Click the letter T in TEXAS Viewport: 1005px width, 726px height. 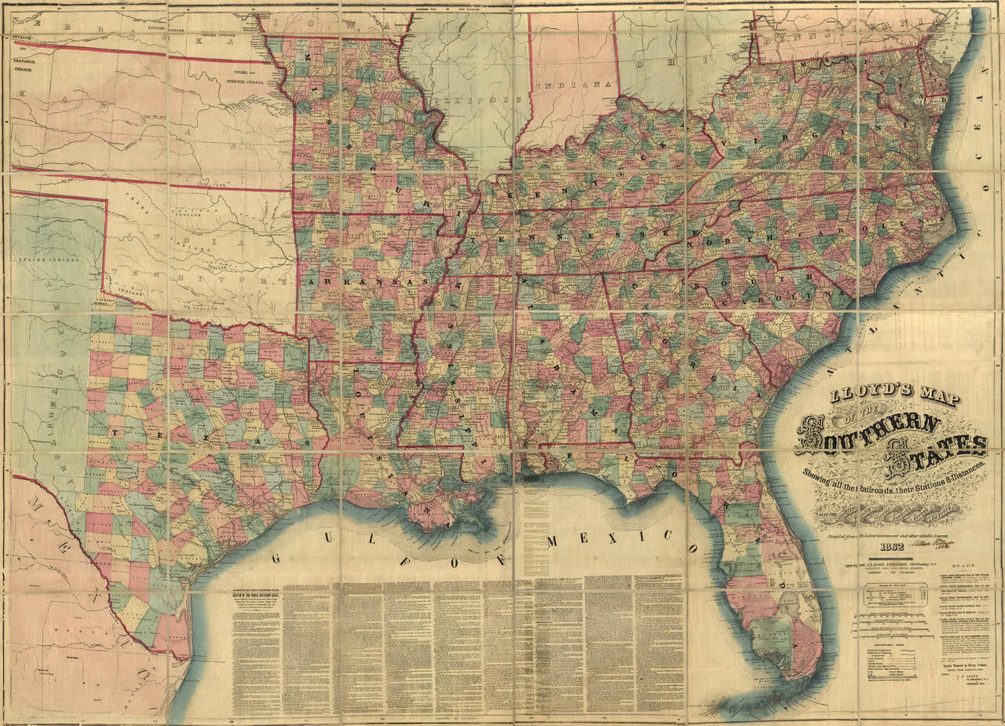click(115, 431)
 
